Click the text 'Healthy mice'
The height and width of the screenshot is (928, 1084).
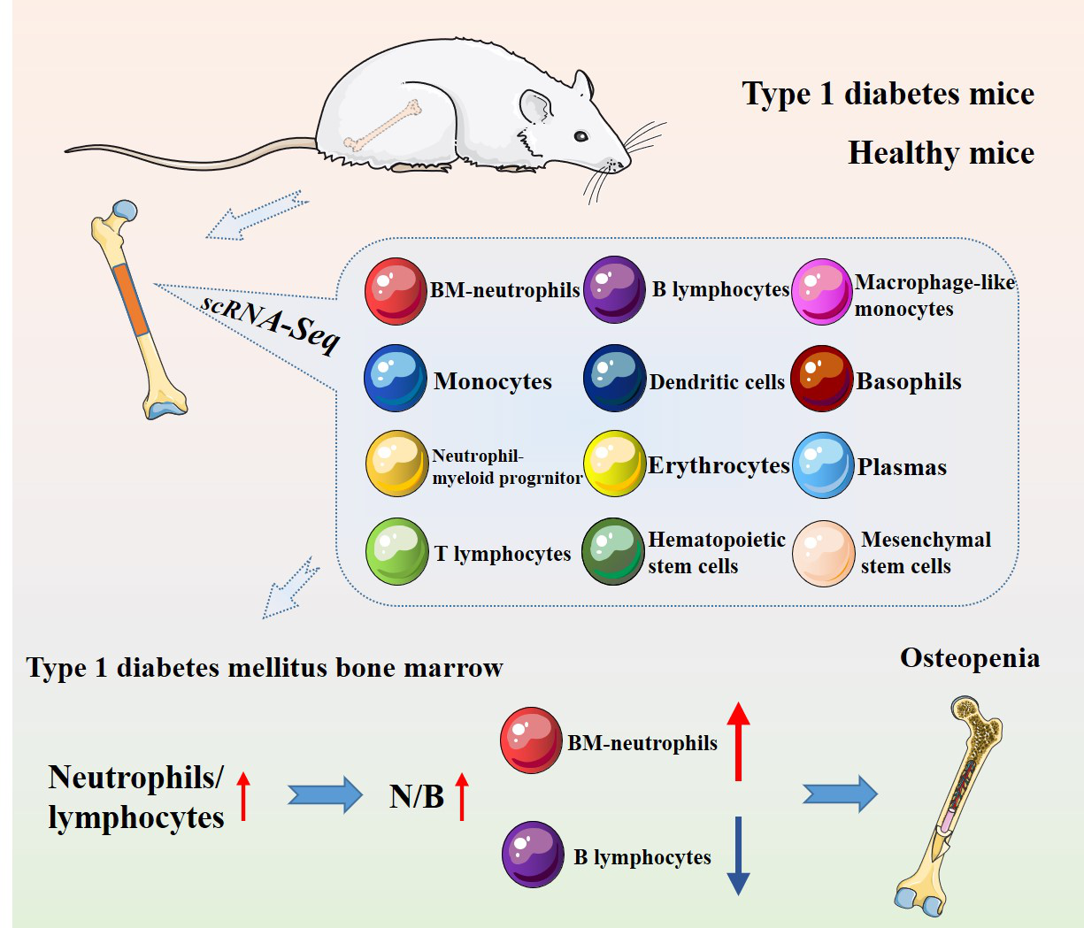pos(941,153)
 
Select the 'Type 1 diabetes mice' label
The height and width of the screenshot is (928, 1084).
pos(888,94)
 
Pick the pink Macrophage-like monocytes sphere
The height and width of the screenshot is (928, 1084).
pos(821,291)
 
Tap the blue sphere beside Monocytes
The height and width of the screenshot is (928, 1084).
pos(396,378)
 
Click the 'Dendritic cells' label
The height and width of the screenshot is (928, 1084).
pos(717,382)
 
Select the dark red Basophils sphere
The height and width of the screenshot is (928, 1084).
pos(821,379)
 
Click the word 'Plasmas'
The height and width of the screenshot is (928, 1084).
pos(902,467)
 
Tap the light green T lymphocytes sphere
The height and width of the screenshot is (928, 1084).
pos(396,551)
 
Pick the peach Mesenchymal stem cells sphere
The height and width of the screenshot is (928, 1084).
pos(823,553)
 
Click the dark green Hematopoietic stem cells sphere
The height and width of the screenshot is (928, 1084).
pos(612,551)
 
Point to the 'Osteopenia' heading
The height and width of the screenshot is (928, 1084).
pos(970,658)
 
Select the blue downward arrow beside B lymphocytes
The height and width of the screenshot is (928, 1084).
pos(738,855)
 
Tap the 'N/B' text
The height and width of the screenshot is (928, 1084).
pos(416,796)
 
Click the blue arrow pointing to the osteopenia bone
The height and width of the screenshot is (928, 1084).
pos(839,794)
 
